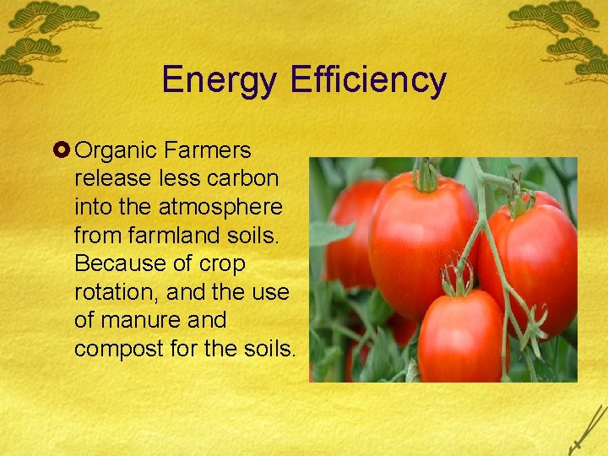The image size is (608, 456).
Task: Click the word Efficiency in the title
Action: (x=367, y=81)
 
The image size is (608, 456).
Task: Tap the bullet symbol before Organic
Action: (x=63, y=151)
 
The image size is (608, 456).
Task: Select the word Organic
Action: (x=117, y=151)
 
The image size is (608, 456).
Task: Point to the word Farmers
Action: (x=209, y=150)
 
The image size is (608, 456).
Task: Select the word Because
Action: (x=117, y=264)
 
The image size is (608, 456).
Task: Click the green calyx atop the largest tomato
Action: (x=426, y=175)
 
